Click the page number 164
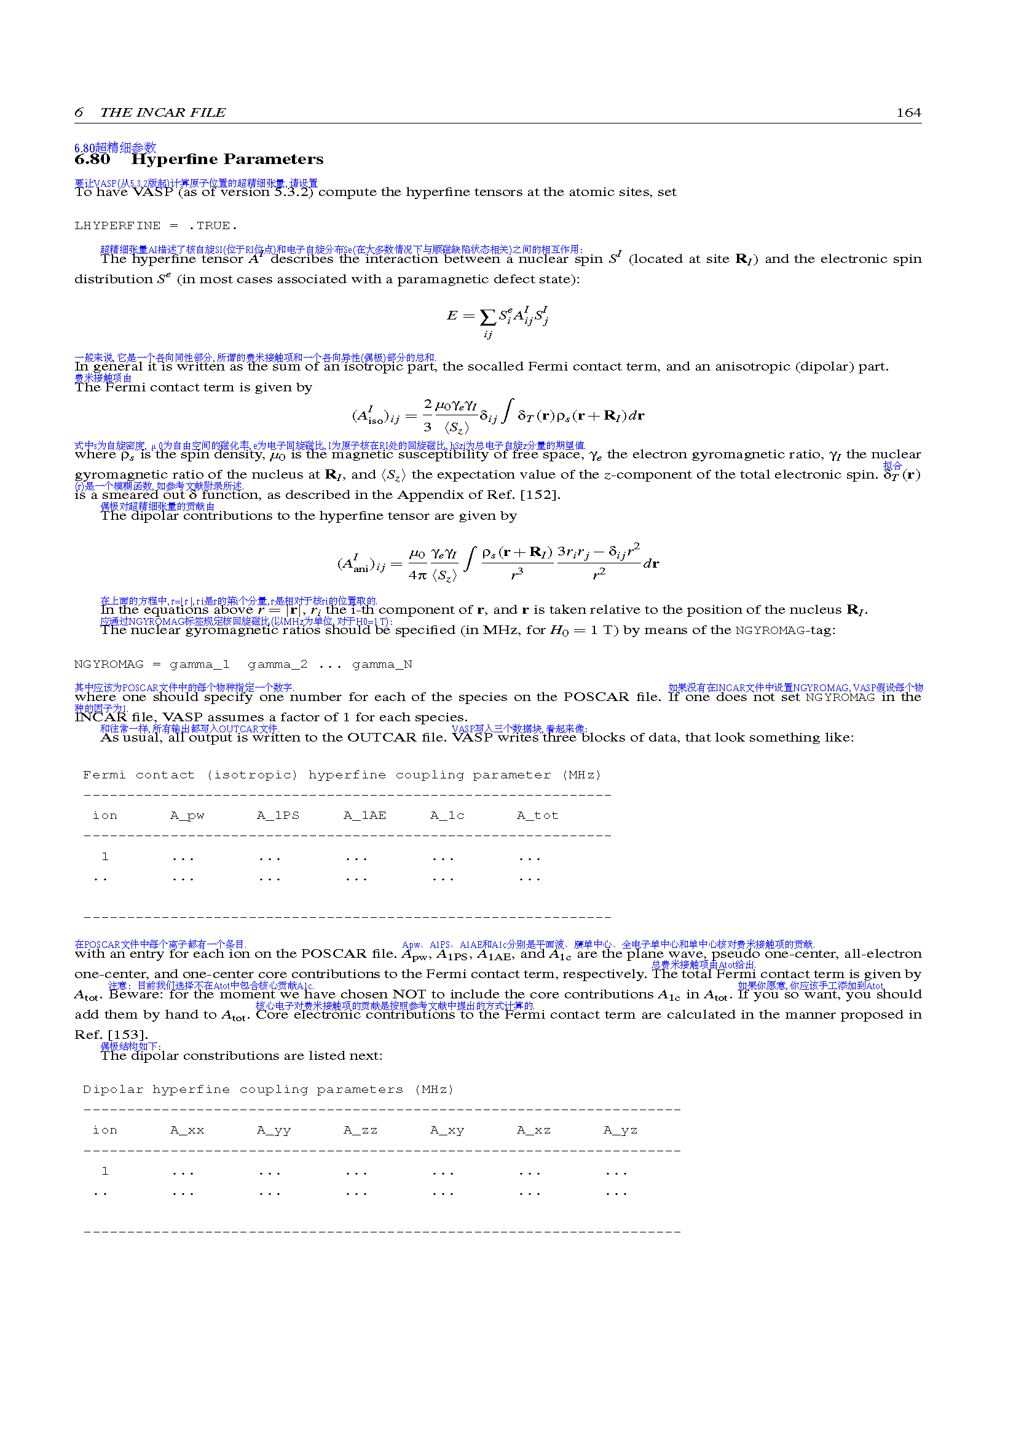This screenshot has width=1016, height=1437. [908, 112]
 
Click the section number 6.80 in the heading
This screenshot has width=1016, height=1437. [92, 160]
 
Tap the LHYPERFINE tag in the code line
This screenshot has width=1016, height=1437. [117, 226]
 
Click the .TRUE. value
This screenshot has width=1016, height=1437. [213, 226]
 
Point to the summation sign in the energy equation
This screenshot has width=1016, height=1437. [487, 317]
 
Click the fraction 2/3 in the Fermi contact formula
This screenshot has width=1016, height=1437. [427, 415]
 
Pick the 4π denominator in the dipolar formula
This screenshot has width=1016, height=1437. [417, 575]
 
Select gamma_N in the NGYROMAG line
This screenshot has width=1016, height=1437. [382, 665]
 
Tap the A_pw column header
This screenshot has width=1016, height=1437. [187, 816]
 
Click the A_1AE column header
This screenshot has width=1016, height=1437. [364, 816]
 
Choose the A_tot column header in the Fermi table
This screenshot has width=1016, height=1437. [537, 816]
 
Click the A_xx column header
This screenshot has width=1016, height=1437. [187, 1130]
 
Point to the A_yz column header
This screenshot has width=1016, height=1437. [620, 1130]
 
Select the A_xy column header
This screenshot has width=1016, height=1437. [447, 1130]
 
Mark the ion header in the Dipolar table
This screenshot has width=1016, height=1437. [104, 1130]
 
